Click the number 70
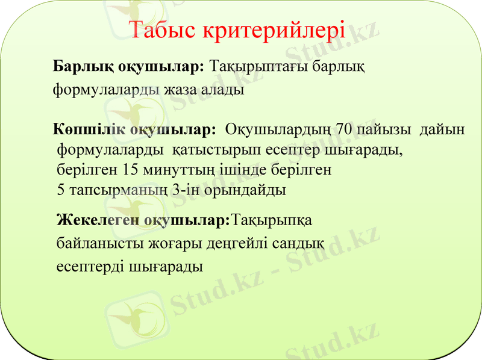coord(345,129)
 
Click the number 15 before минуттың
coord(130,169)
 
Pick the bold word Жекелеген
coord(98,220)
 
